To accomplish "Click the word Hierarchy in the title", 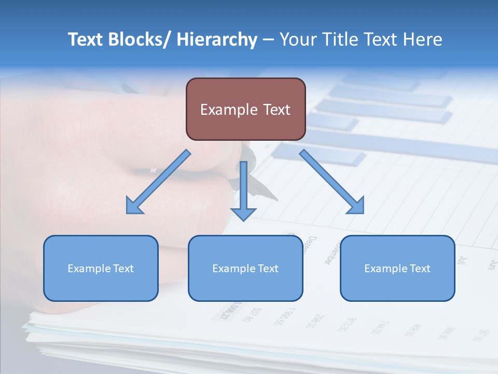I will [x=217, y=39].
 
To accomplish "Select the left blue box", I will [x=101, y=286].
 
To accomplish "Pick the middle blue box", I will [x=245, y=286].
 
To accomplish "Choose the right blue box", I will [x=397, y=286].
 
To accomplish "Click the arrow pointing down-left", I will [x=159, y=182].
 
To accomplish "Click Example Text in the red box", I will [x=245, y=110].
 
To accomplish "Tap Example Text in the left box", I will [x=101, y=269].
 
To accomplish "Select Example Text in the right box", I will [x=397, y=269].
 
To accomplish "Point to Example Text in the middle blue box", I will [x=245, y=269].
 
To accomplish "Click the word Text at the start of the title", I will [x=86, y=39].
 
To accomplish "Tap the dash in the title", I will [x=268, y=40].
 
